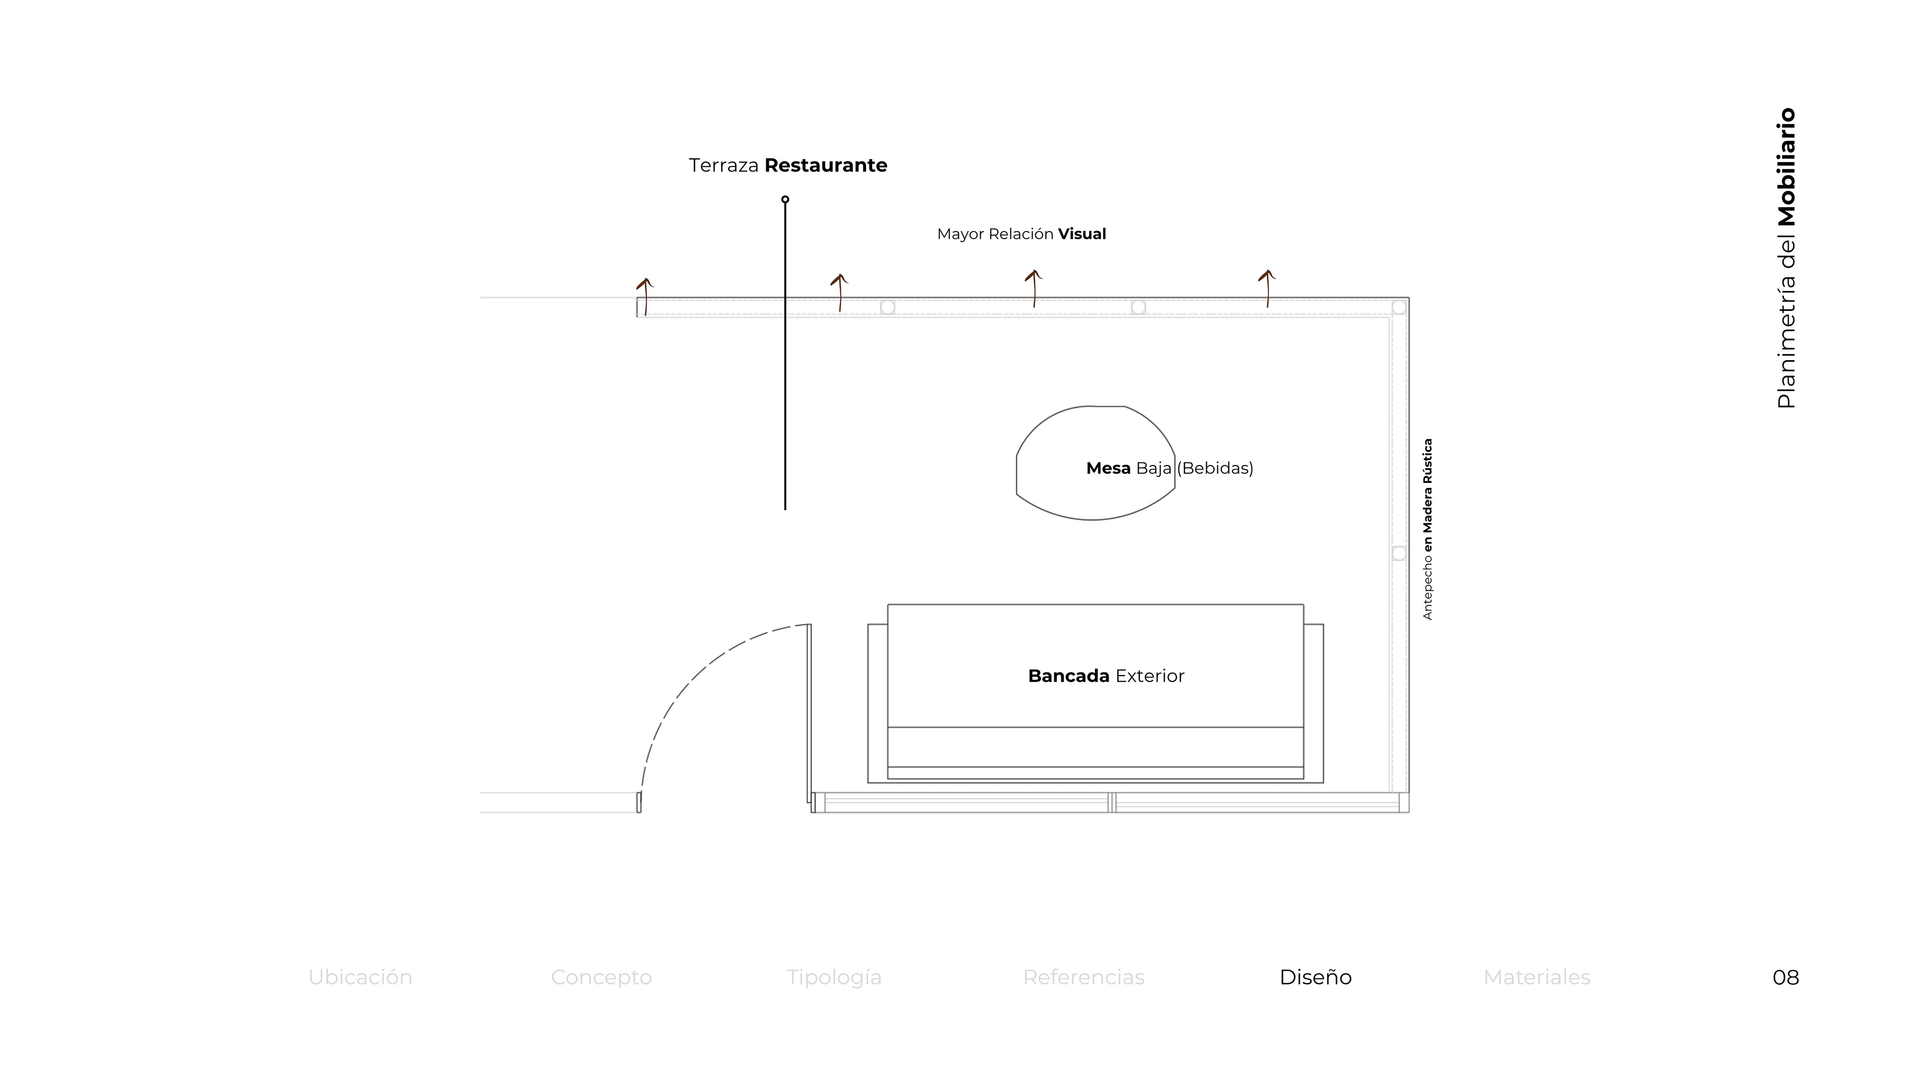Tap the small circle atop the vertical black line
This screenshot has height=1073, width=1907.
(786, 199)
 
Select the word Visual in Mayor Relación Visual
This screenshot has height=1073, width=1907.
(1082, 234)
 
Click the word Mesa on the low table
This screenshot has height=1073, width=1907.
(1108, 468)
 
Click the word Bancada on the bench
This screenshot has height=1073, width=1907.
(1068, 676)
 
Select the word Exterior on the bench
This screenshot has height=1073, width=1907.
(1150, 676)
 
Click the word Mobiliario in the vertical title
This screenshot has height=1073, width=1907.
(1786, 167)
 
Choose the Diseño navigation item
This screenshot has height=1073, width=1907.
(1316, 978)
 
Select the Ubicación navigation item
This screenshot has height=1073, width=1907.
(361, 978)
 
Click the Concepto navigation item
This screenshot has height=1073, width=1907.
(601, 978)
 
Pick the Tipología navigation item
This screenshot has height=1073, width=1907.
(834, 978)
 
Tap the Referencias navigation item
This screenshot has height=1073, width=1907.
(1084, 978)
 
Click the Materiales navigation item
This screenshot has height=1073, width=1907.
(1537, 978)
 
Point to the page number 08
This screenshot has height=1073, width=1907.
(1786, 978)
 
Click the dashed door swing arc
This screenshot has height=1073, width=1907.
(688, 681)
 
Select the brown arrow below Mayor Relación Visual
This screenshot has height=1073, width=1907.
(1034, 288)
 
